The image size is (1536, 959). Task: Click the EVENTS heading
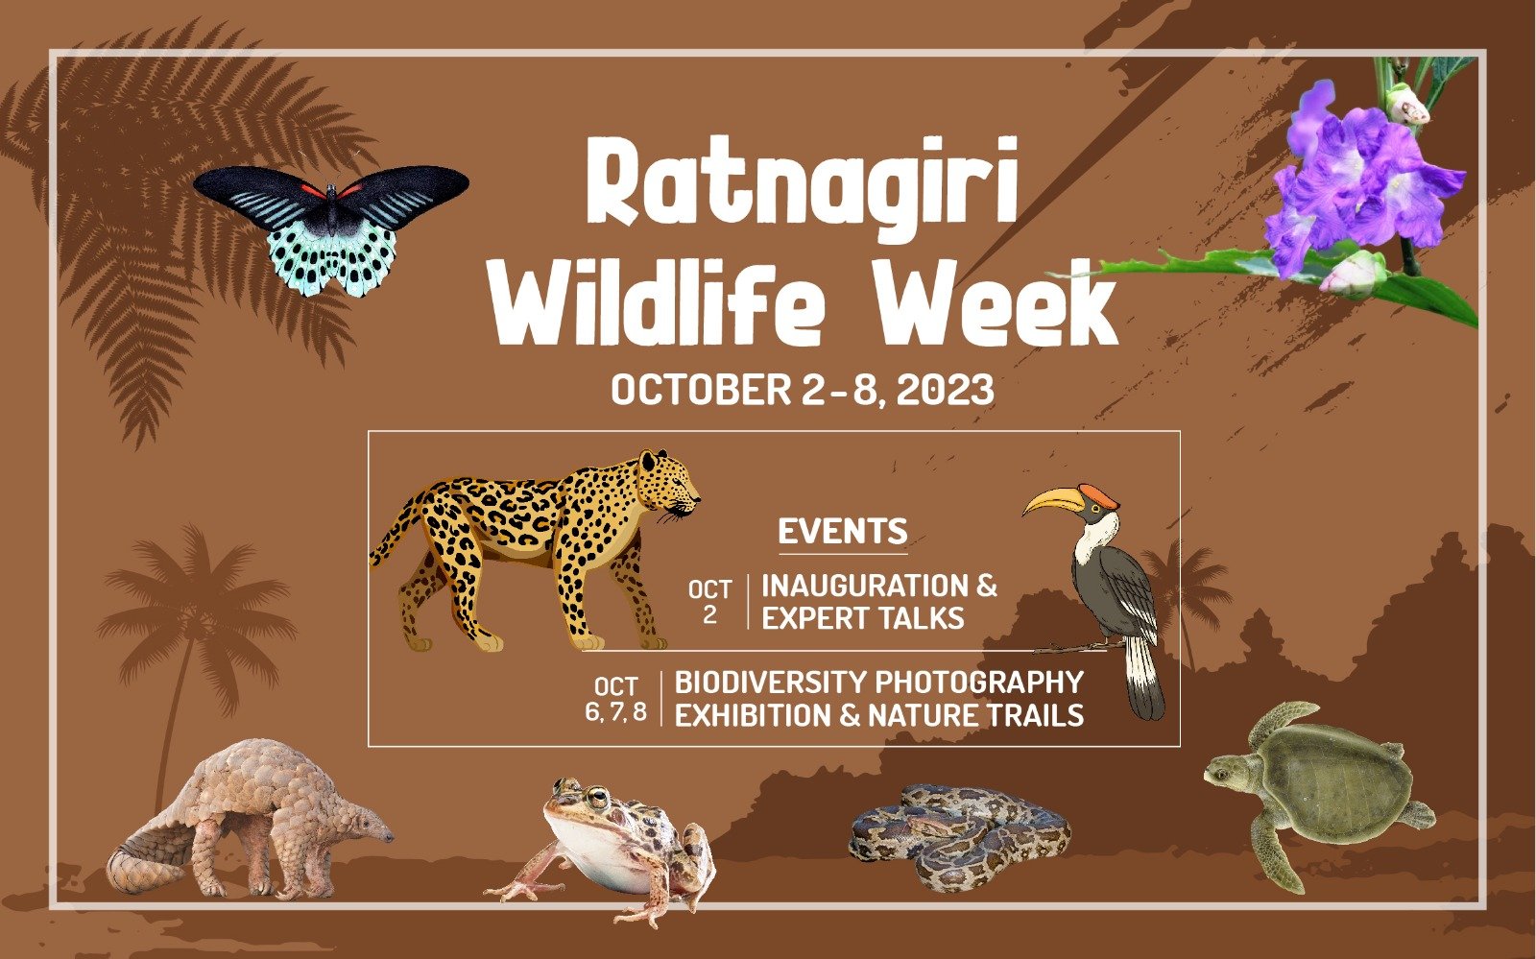tap(843, 531)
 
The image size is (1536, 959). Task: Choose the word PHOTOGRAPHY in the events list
tap(979, 683)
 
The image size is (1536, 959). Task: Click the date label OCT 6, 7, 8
tap(615, 699)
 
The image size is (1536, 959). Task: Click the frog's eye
tap(598, 798)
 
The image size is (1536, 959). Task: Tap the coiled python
tap(960, 837)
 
